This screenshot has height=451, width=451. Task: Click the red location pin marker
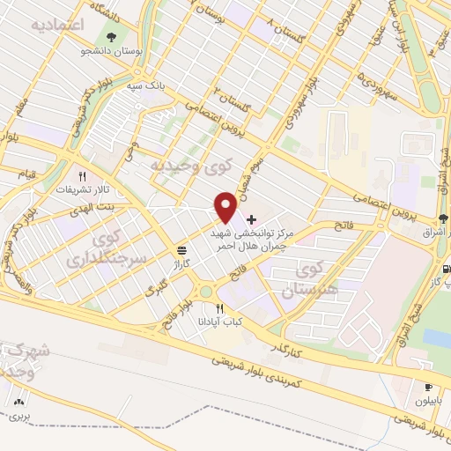(226, 207)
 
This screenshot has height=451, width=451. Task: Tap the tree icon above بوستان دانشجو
(111, 38)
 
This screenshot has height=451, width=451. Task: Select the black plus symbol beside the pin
(252, 219)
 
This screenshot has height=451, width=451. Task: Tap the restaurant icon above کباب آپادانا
(220, 309)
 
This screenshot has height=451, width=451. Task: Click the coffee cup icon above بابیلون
(429, 387)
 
